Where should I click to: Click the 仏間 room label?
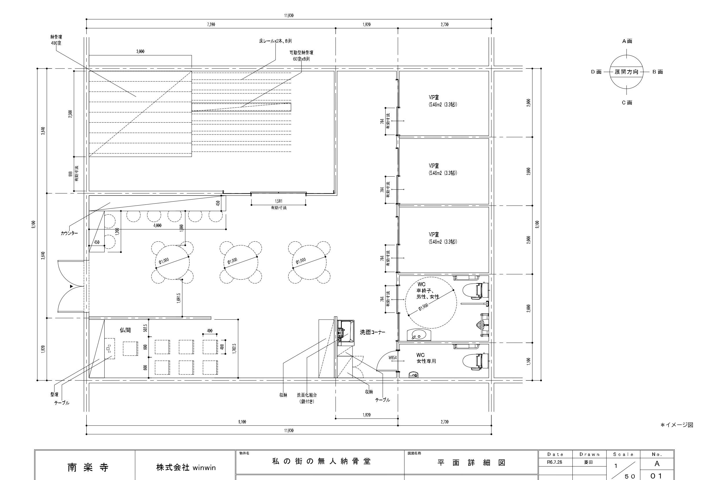point(125,330)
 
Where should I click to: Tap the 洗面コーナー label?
point(372,332)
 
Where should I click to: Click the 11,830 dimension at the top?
point(289,16)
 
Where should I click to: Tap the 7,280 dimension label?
point(211,24)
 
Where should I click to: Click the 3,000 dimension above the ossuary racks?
point(140,51)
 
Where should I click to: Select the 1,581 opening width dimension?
point(278,201)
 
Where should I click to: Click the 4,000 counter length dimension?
point(157,226)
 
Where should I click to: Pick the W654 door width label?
point(393,358)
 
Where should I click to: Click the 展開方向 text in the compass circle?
point(627,72)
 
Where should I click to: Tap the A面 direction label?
point(627,41)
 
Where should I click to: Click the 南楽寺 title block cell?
point(88,468)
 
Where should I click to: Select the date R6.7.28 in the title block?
point(554,462)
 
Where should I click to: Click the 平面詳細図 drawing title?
point(471,463)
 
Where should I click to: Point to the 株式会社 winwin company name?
point(186,468)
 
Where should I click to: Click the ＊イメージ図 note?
point(677,425)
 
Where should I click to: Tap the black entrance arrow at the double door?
point(72,287)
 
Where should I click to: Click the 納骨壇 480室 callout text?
point(56,40)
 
